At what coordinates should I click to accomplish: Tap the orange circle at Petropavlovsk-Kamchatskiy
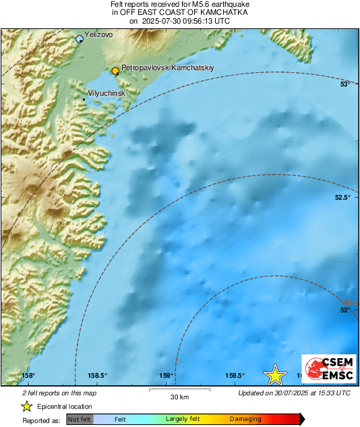[x=115, y=70]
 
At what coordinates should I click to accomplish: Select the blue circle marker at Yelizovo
[x=80, y=39]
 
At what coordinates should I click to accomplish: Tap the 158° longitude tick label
[x=28, y=376]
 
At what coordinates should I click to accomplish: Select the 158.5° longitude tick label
[x=97, y=376]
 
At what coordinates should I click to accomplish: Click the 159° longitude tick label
[x=167, y=376]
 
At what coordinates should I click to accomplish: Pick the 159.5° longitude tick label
[x=235, y=376]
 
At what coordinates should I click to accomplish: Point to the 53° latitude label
[x=344, y=85]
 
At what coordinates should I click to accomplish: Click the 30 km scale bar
[x=180, y=390]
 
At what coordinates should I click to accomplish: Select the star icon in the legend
[x=26, y=406]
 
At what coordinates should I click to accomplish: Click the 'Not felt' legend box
[x=80, y=420]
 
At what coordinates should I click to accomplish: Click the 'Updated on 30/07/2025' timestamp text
[x=295, y=393]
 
